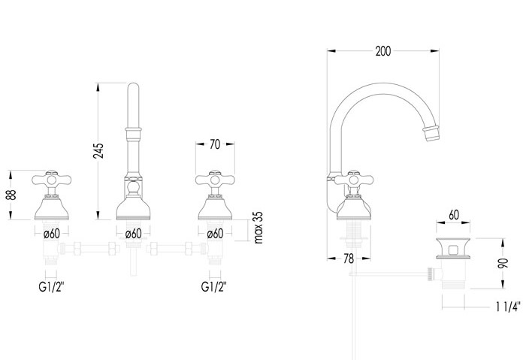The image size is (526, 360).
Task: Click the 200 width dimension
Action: (x=383, y=51)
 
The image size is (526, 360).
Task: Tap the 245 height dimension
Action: (x=98, y=151)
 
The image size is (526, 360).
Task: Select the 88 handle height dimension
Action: (x=11, y=195)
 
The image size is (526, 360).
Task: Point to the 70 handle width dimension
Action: (x=215, y=144)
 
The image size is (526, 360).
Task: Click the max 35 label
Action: (x=258, y=228)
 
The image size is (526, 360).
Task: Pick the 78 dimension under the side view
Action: (x=349, y=259)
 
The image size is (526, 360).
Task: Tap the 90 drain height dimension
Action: (x=503, y=263)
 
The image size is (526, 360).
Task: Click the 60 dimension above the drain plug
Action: (x=454, y=215)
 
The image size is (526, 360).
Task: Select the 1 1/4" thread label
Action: (x=508, y=307)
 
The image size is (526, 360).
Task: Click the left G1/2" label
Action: (x=51, y=287)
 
